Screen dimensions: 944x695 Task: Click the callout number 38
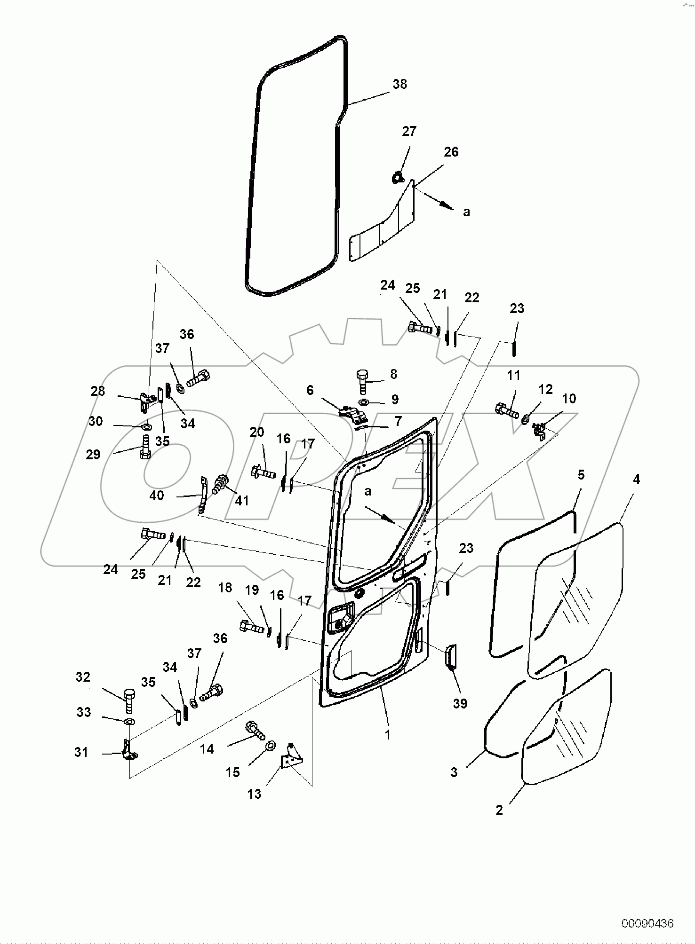(x=399, y=84)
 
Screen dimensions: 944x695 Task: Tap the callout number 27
(x=409, y=131)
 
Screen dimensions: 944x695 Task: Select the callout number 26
(x=451, y=152)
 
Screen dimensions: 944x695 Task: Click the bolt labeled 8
(x=363, y=380)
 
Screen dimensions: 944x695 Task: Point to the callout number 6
(x=310, y=390)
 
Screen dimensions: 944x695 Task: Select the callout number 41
(x=241, y=501)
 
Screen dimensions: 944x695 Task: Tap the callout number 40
(x=157, y=496)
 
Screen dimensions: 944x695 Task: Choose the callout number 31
(x=81, y=752)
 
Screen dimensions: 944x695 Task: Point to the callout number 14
(x=207, y=749)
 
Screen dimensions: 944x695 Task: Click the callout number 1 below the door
(x=388, y=735)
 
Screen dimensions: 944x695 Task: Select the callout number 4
(x=636, y=480)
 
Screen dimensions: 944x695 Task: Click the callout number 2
(x=499, y=810)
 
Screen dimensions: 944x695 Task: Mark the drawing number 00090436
(x=647, y=923)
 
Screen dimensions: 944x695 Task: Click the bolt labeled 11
(x=506, y=410)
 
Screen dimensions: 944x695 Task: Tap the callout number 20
(x=257, y=432)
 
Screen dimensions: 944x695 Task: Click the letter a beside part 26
(x=466, y=212)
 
